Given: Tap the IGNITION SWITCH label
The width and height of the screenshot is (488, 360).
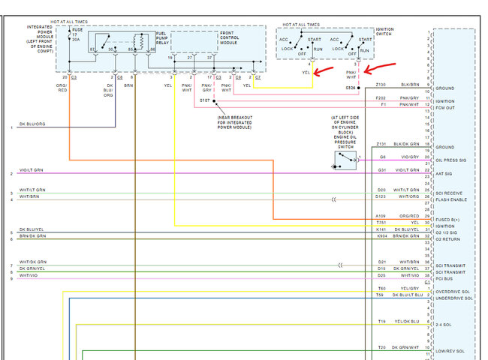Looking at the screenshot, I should tap(384, 32).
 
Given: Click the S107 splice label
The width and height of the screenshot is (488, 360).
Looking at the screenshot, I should tap(205, 100).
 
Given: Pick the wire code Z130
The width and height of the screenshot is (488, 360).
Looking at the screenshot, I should tap(381, 85).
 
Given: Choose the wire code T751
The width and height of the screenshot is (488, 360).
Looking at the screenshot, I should tap(381, 223).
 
